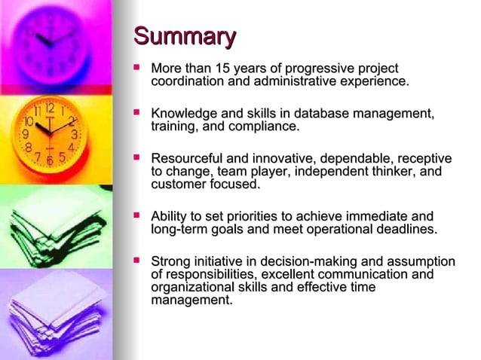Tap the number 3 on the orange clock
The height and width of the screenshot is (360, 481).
(x=74, y=134)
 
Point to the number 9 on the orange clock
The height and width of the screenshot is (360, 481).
(x=26, y=134)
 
